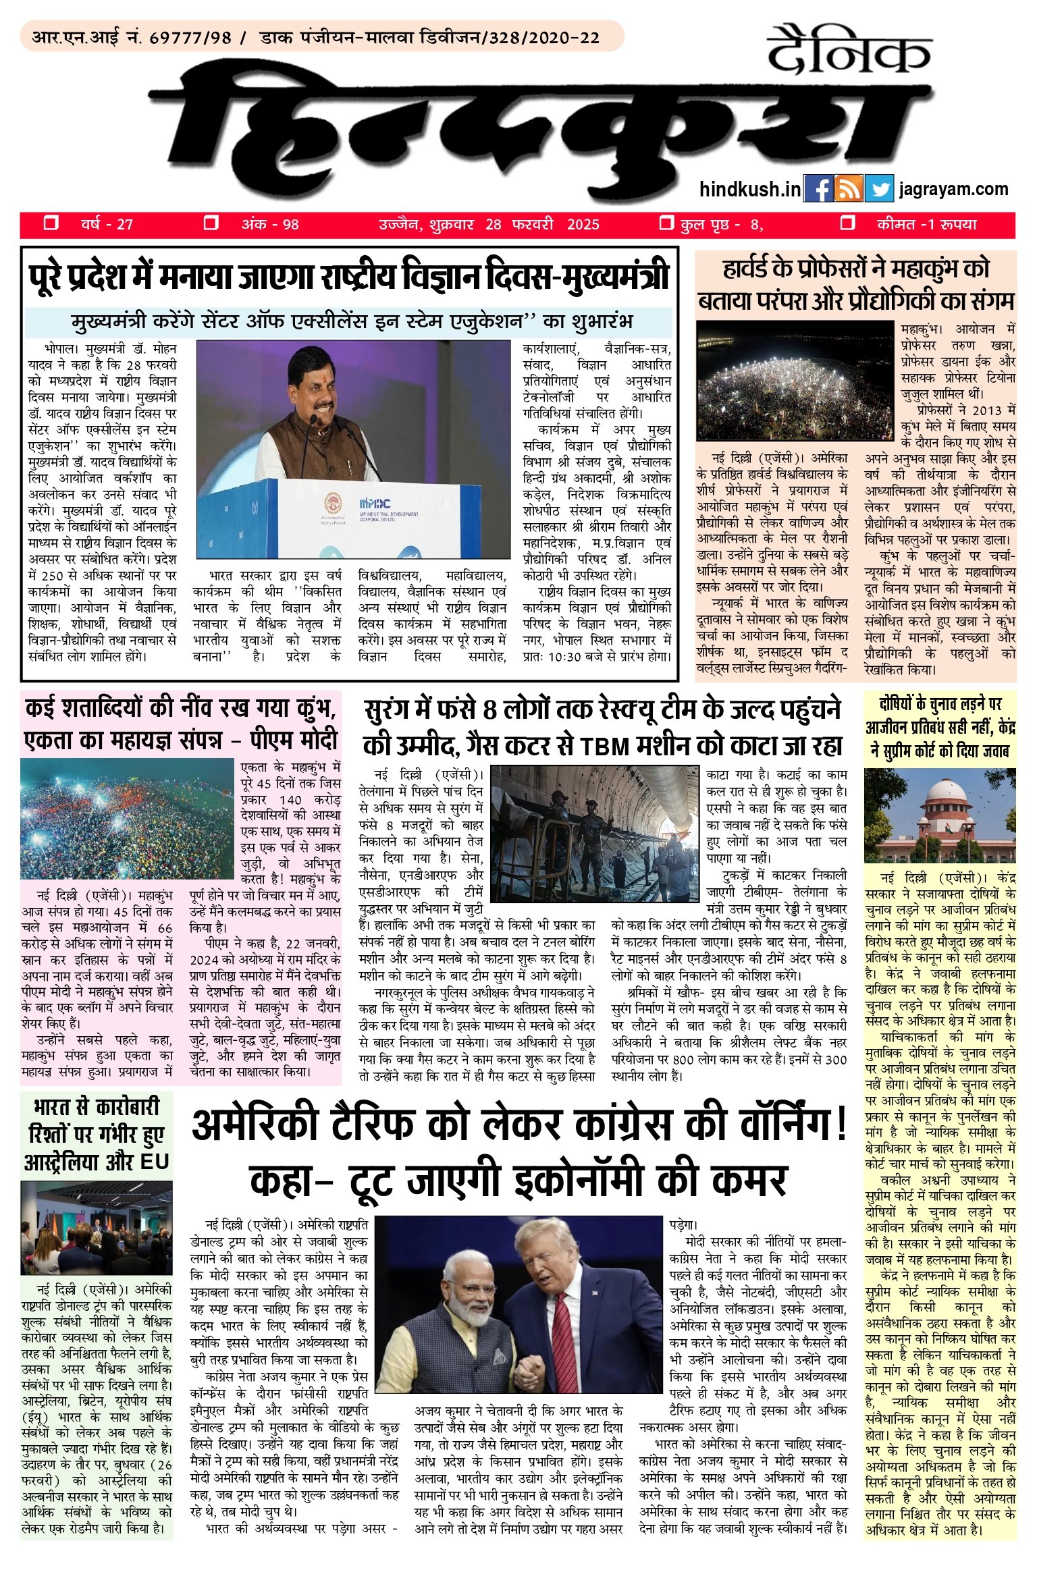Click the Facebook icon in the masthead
pos(819,188)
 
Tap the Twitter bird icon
pos(879,188)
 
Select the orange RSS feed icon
pos(849,188)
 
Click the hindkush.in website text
pos(750,190)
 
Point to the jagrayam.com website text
pos(953,189)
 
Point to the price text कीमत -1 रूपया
pos(926,224)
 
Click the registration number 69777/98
pos(190,38)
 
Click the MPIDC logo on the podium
pos(377,502)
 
